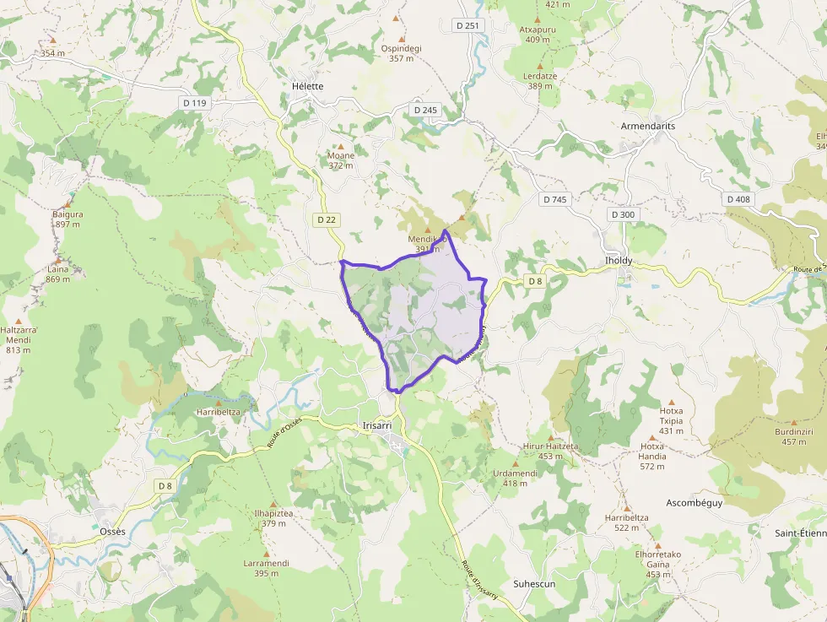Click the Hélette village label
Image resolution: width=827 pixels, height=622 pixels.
(307, 86)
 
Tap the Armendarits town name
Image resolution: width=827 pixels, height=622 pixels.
(647, 126)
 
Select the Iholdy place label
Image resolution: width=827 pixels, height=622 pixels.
(619, 261)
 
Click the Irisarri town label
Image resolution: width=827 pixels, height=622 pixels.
(376, 425)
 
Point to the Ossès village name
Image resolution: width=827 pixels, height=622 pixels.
(112, 531)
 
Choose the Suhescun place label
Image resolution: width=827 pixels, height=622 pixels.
(534, 583)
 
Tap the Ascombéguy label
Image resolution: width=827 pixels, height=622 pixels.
(695, 502)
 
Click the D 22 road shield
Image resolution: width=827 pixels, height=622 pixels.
(327, 219)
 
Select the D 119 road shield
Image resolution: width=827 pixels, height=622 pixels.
(194, 103)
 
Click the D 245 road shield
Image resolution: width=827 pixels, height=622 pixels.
(426, 110)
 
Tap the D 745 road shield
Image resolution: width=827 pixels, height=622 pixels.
(554, 199)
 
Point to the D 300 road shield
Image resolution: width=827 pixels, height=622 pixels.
(622, 214)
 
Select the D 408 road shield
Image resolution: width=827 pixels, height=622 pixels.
(738, 199)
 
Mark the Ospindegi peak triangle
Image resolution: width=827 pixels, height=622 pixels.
(401, 39)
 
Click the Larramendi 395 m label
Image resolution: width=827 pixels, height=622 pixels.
(266, 568)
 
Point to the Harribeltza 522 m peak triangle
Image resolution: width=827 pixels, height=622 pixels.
(627, 507)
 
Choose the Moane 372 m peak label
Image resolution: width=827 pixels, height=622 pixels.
(341, 160)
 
